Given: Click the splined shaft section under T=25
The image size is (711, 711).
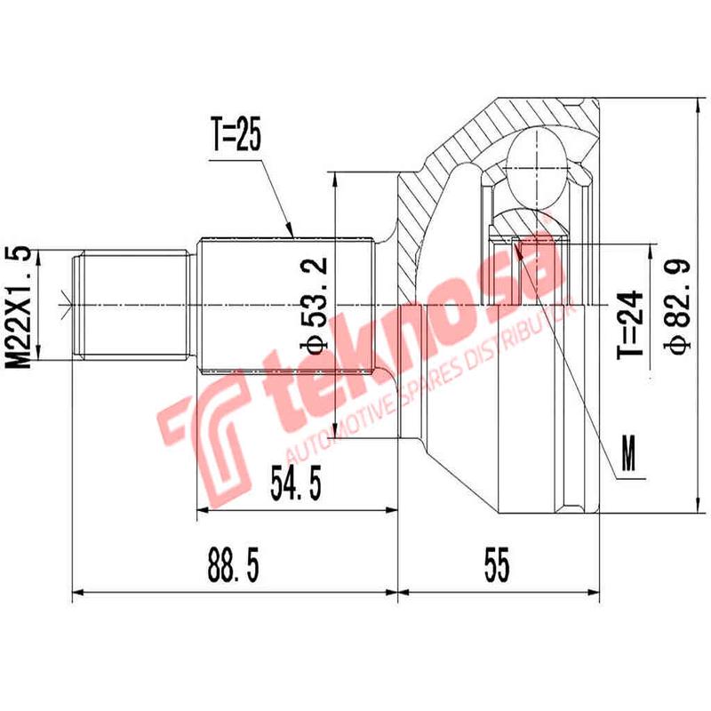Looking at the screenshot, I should coord(284,306).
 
